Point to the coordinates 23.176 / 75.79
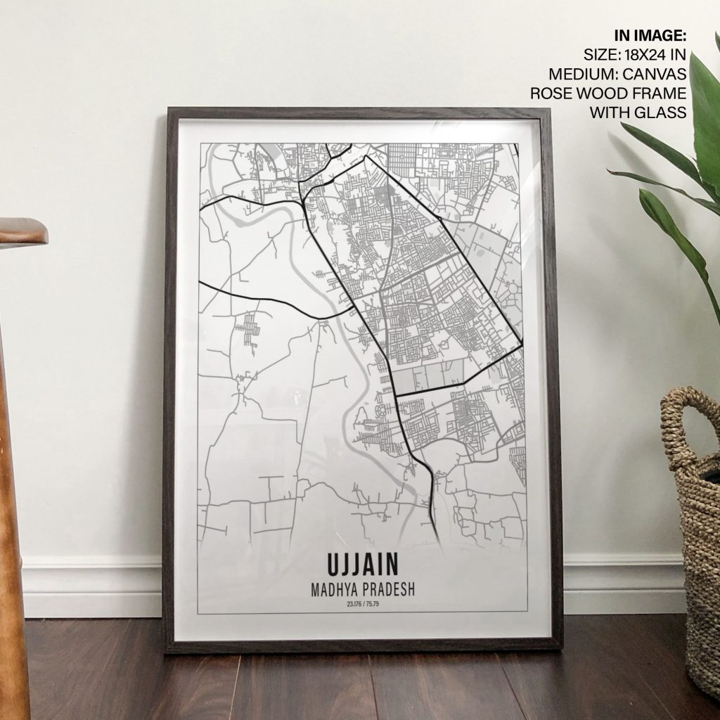pyautogui.click(x=362, y=604)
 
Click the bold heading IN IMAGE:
pyautogui.click(x=650, y=35)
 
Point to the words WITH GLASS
pyautogui.click(x=638, y=112)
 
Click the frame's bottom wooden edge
pyautogui.click(x=362, y=645)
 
